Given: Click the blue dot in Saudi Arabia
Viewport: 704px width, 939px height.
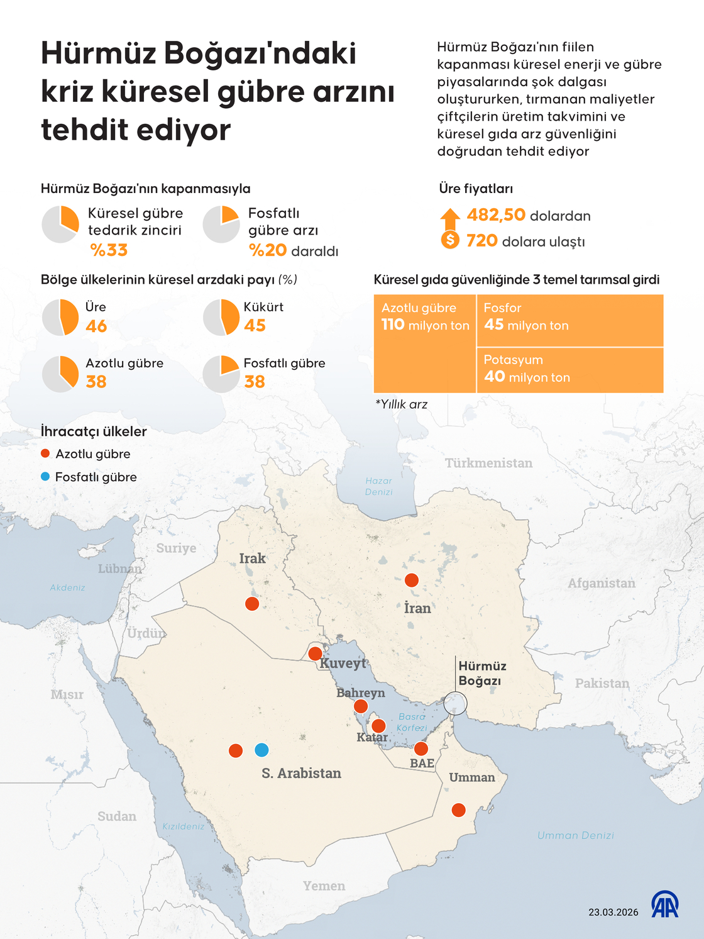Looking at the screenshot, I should pos(261,750).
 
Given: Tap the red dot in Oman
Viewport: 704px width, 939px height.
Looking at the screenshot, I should pos(459,810).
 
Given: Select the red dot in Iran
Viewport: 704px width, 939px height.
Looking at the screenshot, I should pos(412,580).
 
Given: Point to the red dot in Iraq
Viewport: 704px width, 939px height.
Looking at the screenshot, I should pos(252,604).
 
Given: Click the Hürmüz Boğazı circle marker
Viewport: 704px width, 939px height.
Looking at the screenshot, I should pos(455,703).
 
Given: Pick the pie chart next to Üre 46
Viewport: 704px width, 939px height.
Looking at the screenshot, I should pos(60,318).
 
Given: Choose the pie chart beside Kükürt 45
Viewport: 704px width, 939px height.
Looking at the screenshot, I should pos(221,318).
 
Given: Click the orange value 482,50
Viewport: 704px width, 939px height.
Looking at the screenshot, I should pos(496,215).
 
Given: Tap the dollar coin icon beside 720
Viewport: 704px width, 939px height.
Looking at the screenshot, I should pos(450,240).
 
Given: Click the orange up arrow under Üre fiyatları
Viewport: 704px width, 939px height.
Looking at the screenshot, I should pos(450,218).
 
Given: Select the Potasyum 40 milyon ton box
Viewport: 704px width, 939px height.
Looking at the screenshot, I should pos(569,370).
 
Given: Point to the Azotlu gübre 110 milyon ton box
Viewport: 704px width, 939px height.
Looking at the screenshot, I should pos(425,343).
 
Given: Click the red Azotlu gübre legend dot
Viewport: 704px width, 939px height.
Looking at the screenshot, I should pos(45,453).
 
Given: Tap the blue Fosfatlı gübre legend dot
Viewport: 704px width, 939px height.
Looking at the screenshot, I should pos(45,477).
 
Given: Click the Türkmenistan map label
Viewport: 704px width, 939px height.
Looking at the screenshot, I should pos(488,464).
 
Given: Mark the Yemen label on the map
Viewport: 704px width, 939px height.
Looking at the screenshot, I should pos(324,886).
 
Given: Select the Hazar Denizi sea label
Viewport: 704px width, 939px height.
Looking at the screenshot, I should pos(378,486).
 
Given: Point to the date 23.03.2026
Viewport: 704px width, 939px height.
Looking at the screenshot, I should pos(613,912).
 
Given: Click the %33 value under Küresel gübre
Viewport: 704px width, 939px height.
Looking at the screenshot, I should pos(109,250).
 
